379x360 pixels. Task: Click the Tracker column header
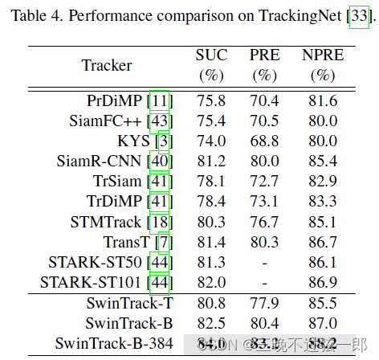coord(107,65)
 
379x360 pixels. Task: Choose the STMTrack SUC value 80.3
coord(212,221)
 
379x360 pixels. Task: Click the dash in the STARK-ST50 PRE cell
coord(265,262)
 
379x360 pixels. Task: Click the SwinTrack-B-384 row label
coord(112,344)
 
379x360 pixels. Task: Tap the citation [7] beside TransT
coord(163,241)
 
